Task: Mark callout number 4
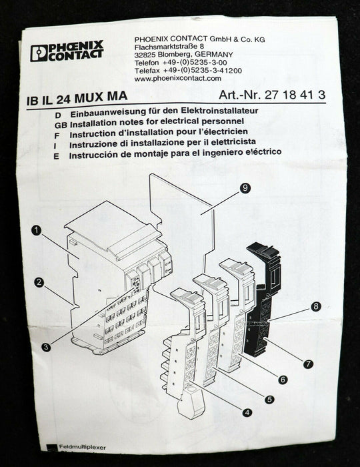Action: pyautogui.click(x=247, y=412)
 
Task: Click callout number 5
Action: pyautogui.click(x=269, y=400)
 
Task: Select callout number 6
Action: pyautogui.click(x=283, y=380)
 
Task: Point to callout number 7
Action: pyautogui.click(x=308, y=364)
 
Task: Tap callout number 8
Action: pyautogui.click(x=316, y=306)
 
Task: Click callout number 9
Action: pyautogui.click(x=246, y=189)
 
